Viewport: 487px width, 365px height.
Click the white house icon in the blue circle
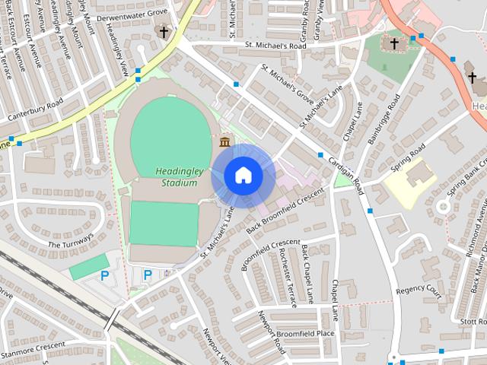coord(243,176)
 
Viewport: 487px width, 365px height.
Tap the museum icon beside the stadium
coord(225,142)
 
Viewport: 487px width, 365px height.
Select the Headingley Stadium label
coord(177,176)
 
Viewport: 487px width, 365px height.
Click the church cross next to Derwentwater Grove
coord(162,31)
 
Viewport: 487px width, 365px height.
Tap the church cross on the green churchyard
coord(394,43)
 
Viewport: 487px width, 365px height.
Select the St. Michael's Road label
coord(275,46)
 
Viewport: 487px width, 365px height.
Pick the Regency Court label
coord(419,290)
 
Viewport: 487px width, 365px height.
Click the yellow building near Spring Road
coord(409,180)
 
